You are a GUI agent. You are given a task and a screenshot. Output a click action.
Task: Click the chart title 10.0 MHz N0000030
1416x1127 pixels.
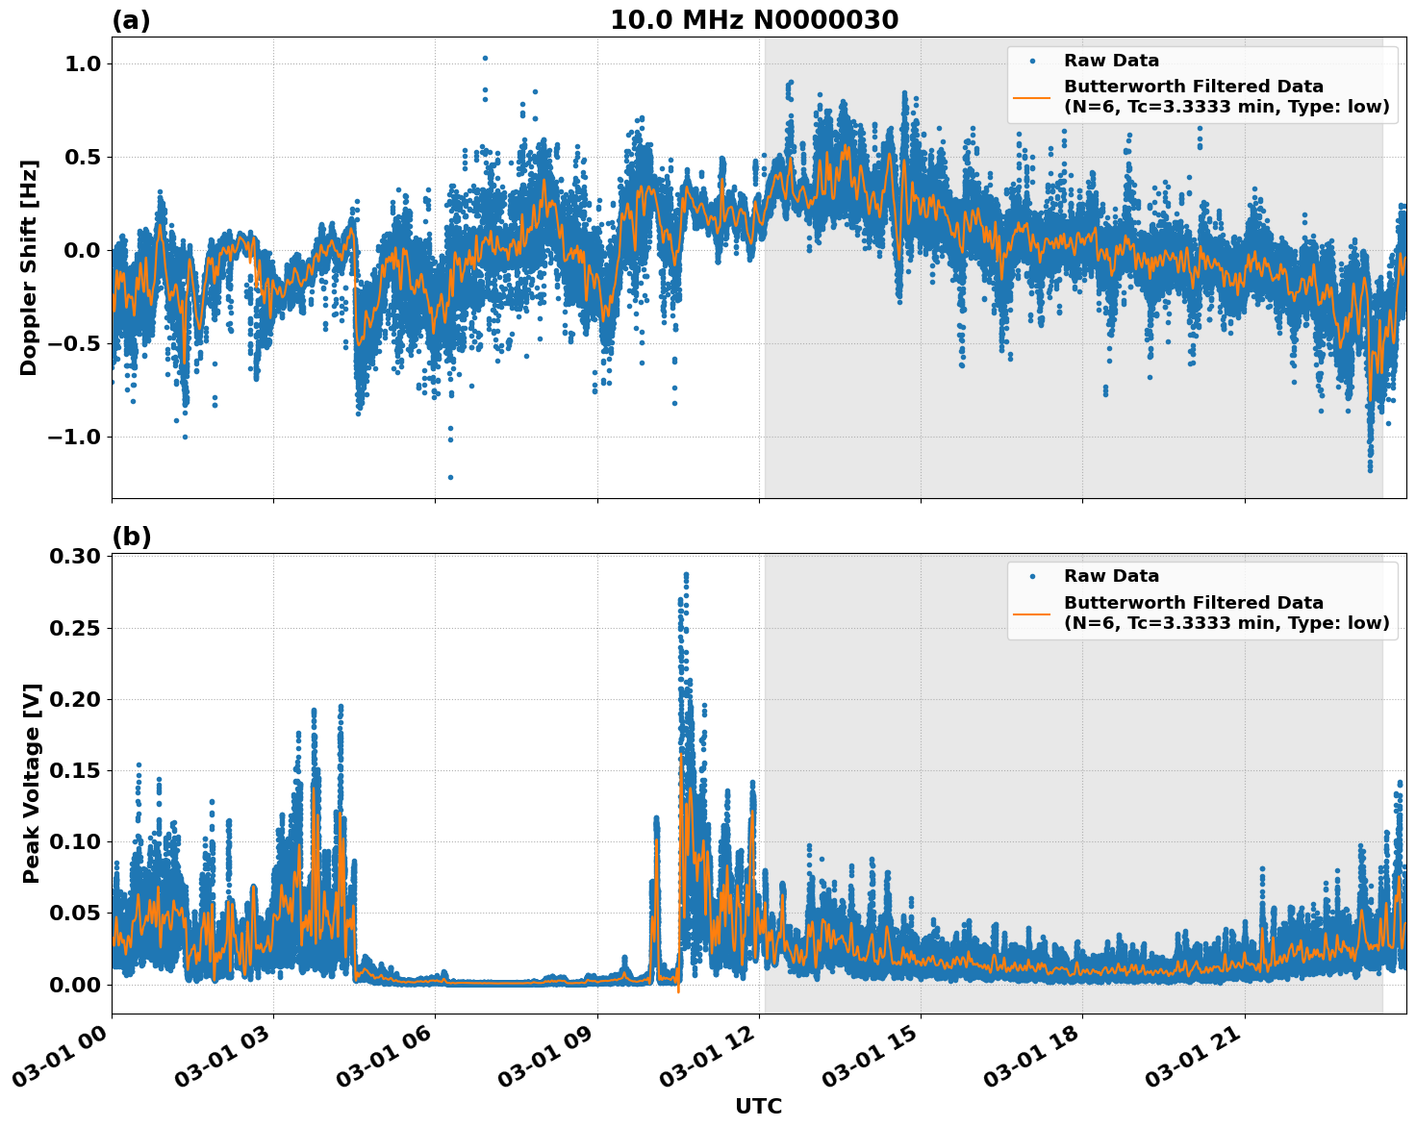pos(753,20)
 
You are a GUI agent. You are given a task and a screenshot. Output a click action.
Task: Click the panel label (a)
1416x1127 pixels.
pos(131,20)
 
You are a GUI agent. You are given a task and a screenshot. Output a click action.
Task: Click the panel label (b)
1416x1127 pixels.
pos(131,537)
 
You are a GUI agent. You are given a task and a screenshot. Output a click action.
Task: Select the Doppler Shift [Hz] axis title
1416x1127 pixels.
pos(29,267)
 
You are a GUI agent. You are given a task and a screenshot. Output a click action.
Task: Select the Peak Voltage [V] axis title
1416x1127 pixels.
pos(32,783)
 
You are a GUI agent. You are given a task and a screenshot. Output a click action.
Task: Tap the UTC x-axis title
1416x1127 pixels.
pos(758,1106)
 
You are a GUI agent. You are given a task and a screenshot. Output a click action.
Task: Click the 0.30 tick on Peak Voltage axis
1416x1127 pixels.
pos(76,557)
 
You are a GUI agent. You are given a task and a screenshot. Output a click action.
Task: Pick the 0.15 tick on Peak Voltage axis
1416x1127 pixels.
pos(76,770)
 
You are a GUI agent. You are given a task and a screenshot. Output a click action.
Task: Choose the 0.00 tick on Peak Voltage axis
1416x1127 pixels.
pos(76,984)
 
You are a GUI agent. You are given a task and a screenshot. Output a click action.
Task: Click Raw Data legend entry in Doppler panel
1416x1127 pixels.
pos(1111,61)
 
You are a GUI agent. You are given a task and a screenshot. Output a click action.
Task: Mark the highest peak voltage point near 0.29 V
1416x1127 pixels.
pos(686,574)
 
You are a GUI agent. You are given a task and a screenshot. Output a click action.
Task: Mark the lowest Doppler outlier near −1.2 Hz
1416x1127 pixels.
pos(450,477)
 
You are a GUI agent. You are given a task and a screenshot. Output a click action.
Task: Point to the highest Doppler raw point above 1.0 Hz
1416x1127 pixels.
pos(485,58)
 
